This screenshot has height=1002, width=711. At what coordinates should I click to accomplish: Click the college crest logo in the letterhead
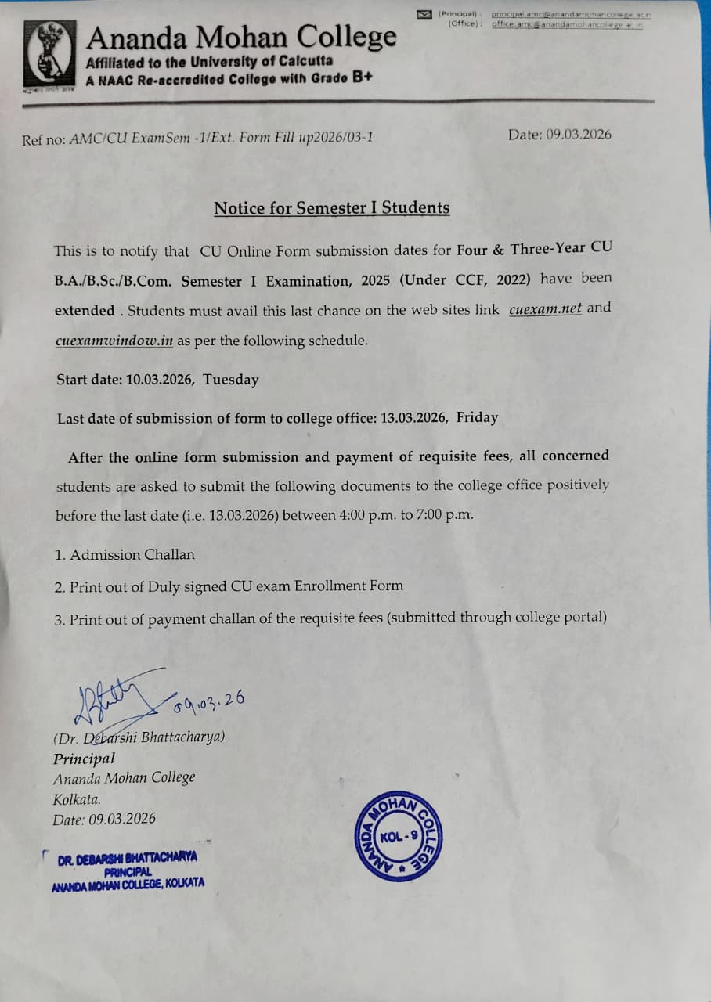point(51,54)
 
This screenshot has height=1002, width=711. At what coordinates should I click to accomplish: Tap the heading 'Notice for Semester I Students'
point(332,208)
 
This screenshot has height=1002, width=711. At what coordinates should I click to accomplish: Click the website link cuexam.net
point(545,308)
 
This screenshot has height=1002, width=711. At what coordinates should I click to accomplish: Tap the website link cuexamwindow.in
point(114,341)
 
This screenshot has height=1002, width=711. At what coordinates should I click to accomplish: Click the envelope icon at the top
point(424,14)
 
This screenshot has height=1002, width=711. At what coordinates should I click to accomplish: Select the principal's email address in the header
point(571,14)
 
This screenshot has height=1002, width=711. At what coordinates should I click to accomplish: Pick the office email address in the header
point(567,25)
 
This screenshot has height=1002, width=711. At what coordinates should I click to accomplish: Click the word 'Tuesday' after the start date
point(231,380)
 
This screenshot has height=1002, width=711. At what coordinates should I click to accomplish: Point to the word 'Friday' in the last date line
point(477,417)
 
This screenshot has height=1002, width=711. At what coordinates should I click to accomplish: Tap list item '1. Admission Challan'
point(125,554)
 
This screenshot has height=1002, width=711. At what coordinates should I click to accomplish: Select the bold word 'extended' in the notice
point(85,310)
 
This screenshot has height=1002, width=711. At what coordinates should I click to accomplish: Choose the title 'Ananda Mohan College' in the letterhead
point(241,37)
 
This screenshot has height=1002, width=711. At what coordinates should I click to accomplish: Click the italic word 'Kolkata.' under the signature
point(77,799)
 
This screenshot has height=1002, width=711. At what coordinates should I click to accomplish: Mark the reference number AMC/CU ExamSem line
point(197,139)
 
